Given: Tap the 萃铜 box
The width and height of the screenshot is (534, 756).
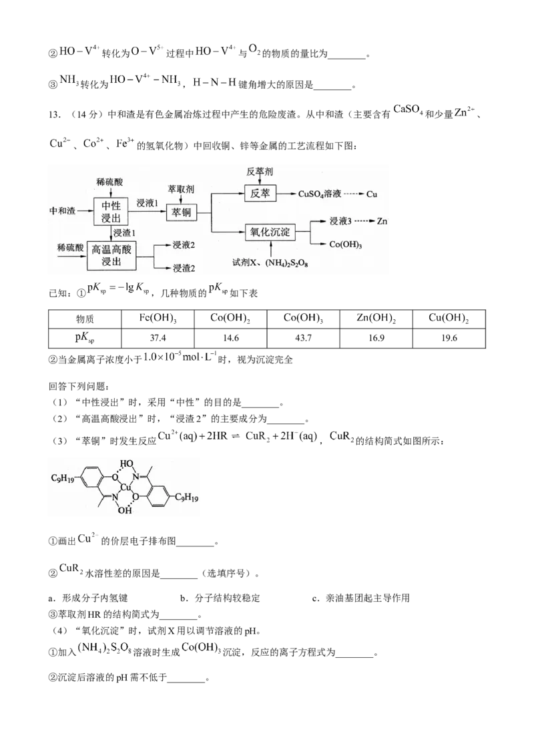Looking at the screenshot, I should point(182,212).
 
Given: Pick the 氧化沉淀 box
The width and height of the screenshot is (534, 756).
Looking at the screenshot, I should point(269,231).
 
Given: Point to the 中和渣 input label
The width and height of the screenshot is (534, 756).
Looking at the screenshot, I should point(63,210).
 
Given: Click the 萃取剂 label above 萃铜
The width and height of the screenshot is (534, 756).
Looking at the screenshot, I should point(181,189).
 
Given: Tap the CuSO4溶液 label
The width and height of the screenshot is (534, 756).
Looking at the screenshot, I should point(320,194).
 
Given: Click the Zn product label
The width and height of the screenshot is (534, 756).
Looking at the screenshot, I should point(382,220).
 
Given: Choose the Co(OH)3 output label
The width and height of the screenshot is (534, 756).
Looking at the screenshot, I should point(346,244).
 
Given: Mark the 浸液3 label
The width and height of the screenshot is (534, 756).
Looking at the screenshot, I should point(340,220).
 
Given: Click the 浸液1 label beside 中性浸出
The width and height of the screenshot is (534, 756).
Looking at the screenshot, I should point(147,202).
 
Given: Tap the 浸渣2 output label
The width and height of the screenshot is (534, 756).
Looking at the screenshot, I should point(184,268).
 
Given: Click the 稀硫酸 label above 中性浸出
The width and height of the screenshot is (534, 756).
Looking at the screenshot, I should point(109,181).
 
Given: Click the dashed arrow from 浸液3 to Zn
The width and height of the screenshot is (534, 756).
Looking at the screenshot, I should point(364,220).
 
